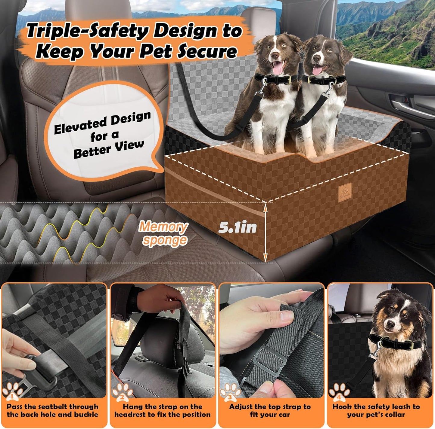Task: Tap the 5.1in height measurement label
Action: [x=237, y=227]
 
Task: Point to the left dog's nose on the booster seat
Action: [x=275, y=55]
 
